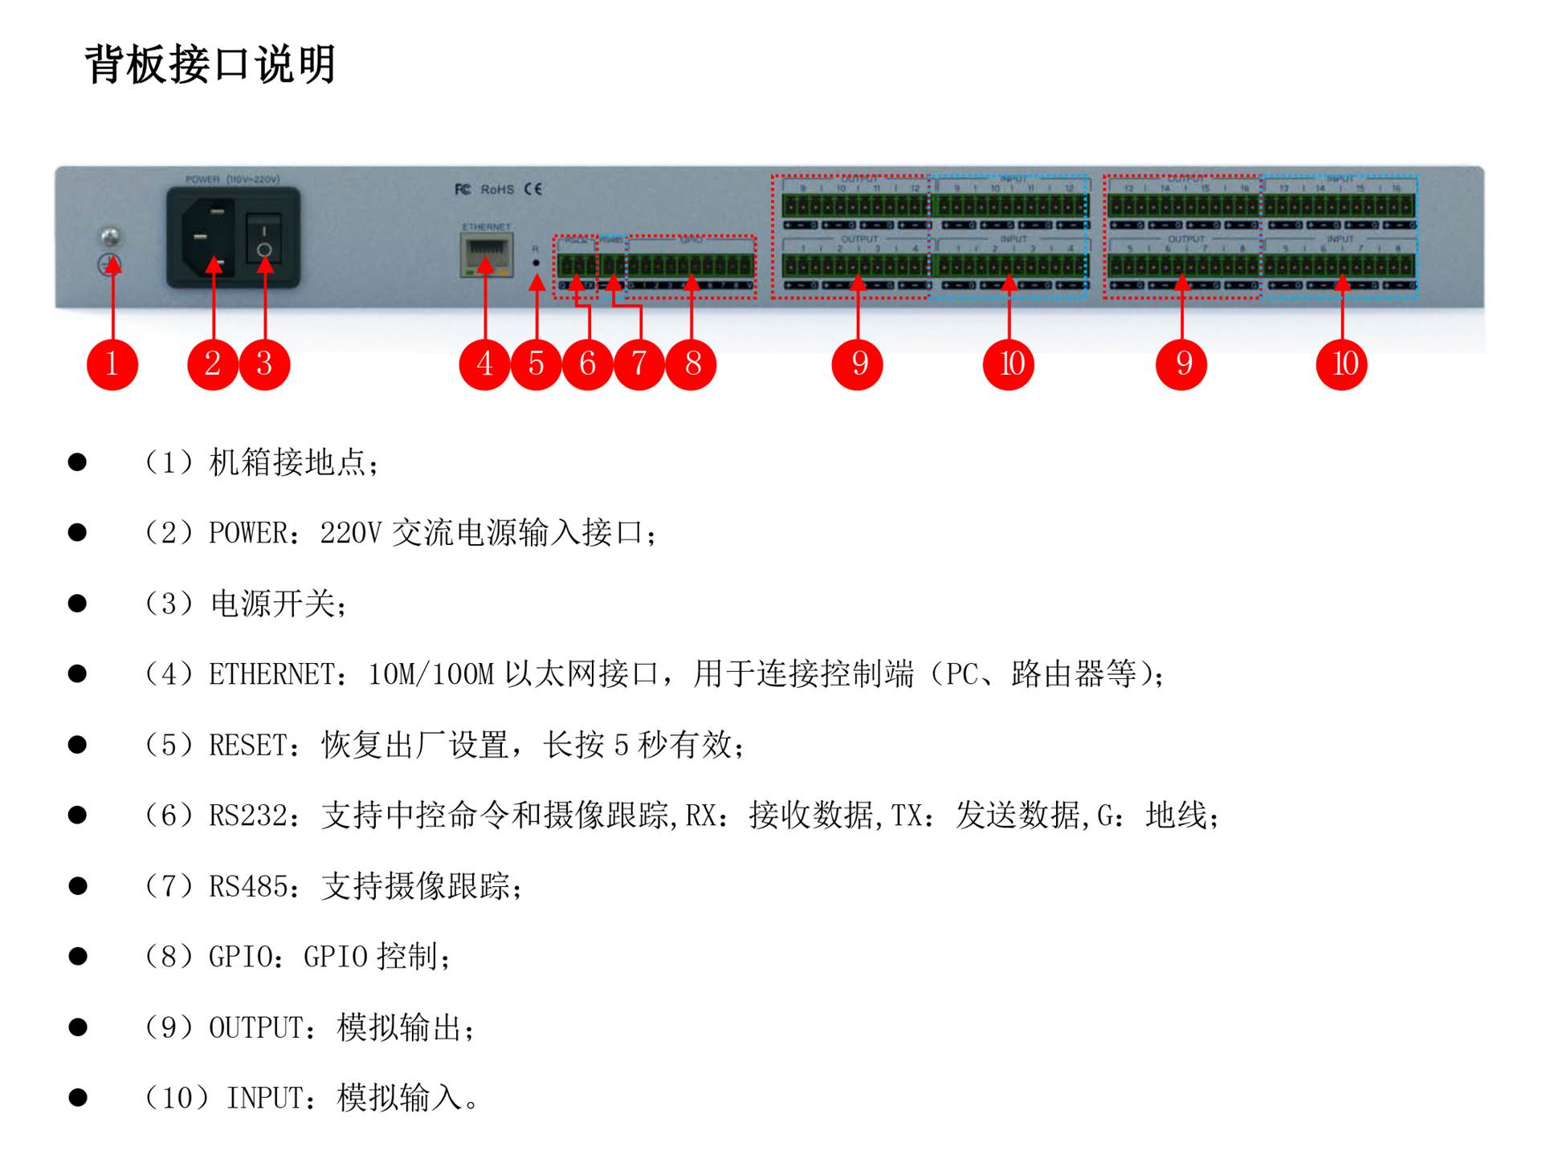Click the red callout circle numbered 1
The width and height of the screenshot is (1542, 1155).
coord(112,364)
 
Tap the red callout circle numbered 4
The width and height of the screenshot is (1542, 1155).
coord(484,364)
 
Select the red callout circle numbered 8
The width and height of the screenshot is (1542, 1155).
coord(691,364)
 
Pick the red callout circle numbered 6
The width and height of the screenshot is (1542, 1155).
coord(588,364)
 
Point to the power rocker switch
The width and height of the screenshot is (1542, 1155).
coord(263,238)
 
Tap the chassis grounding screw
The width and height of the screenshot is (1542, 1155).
coord(111,236)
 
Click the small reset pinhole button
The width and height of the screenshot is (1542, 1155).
coord(536,262)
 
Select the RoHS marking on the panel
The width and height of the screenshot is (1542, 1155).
coord(497,189)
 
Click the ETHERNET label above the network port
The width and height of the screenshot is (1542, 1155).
coord(487,227)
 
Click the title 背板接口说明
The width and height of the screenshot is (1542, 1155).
coord(210,64)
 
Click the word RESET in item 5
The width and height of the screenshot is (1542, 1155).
coord(247,746)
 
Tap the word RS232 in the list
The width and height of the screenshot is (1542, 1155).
coord(247,816)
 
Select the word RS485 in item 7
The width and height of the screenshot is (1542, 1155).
coord(247,887)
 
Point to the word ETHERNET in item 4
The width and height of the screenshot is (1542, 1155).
coord(271,674)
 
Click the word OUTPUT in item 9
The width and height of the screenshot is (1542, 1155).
coord(255,1028)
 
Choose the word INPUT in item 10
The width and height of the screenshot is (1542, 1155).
coord(264,1098)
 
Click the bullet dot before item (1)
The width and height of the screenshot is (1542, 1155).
coord(78,462)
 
